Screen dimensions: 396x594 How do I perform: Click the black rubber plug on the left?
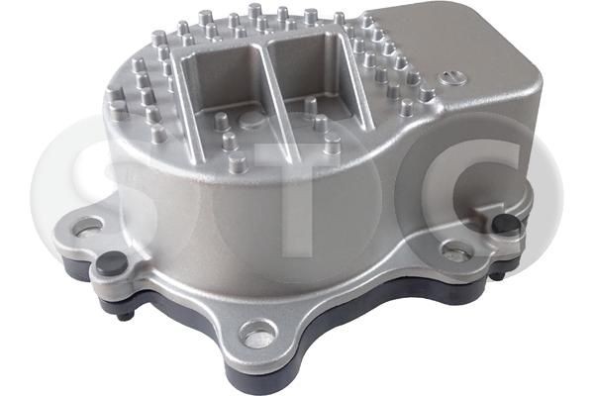click(x=111, y=262)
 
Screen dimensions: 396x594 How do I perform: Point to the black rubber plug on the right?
click(x=506, y=224)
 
